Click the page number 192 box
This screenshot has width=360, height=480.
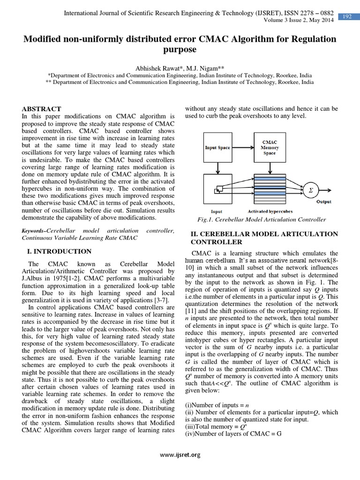pyautogui.click(x=347, y=17)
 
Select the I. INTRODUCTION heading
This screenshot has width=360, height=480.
pyautogui.click(x=60, y=251)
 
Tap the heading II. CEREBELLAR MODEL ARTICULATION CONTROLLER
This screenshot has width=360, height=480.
pyautogui.click(x=263, y=238)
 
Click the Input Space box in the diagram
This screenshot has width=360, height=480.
pyautogui.click(x=217, y=148)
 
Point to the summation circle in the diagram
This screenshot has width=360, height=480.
pyautogui.click(x=310, y=191)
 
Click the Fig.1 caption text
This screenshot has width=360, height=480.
pyautogui.click(x=262, y=219)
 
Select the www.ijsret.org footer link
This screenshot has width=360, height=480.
pyautogui.click(x=180, y=454)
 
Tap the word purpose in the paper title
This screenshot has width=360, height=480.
pyautogui.click(x=180, y=49)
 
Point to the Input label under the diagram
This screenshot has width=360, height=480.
pyautogui.click(x=217, y=211)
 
